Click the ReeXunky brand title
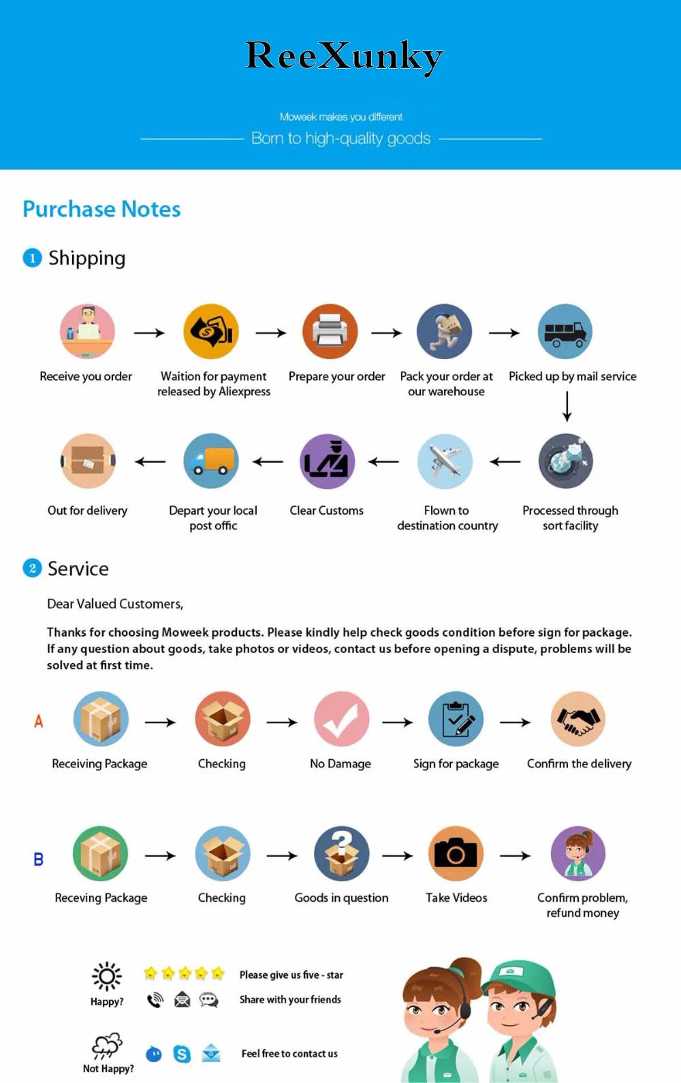(x=344, y=56)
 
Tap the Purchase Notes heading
(x=101, y=209)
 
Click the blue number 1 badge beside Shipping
(x=32, y=258)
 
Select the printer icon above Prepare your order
(x=330, y=332)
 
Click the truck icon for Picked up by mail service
(x=565, y=332)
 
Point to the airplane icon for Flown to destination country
(x=445, y=461)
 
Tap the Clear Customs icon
(x=327, y=461)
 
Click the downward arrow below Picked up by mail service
(x=567, y=407)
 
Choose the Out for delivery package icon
(x=88, y=461)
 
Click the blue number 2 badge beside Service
(x=32, y=568)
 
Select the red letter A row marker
(x=39, y=721)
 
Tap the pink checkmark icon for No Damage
(x=341, y=720)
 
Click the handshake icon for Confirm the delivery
(x=577, y=720)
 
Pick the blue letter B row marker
(x=39, y=859)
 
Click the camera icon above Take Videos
(x=456, y=854)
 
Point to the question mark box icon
(x=341, y=854)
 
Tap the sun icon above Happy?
(x=107, y=977)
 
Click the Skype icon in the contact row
(x=182, y=1054)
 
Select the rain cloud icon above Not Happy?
(x=107, y=1045)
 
